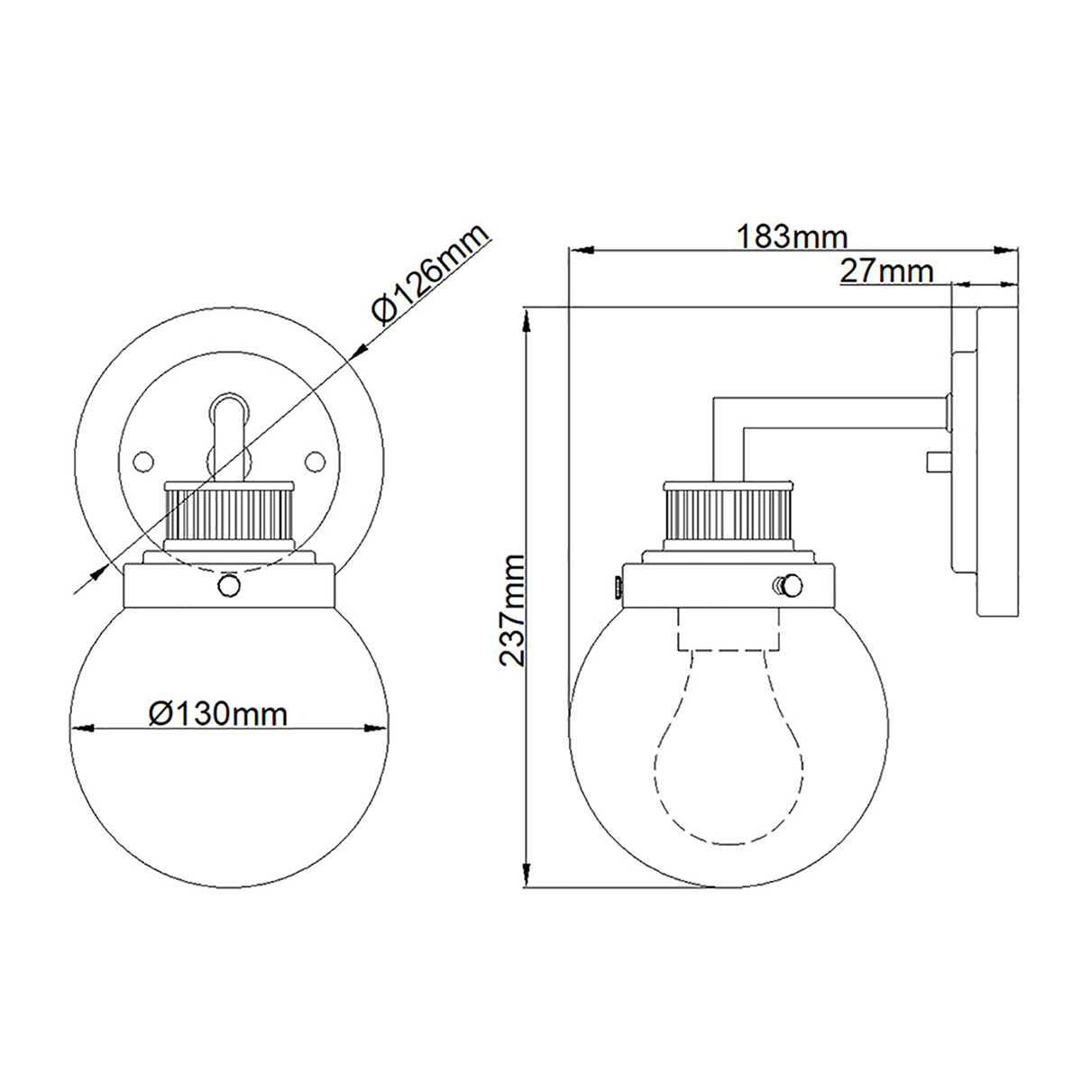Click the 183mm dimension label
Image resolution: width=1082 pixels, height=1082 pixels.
[793, 237]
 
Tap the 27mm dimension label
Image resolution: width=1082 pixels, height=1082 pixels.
[885, 270]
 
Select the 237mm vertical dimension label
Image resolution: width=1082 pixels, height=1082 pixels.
[513, 610]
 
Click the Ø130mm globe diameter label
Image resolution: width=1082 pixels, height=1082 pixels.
[218, 714]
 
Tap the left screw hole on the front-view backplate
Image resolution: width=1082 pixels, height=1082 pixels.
[140, 461]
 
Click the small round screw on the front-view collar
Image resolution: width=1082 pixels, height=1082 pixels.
[229, 587]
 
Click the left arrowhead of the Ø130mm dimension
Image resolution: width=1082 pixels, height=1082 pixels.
[79, 728]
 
